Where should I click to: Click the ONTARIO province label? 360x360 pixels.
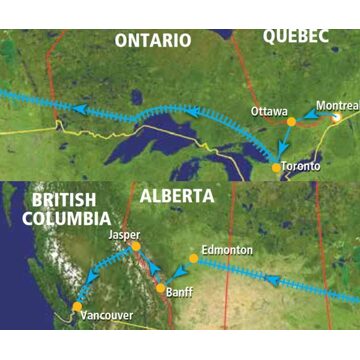[x=152, y=40]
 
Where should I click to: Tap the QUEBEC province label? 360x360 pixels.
[x=296, y=35]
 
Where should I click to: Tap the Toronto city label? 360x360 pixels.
[x=300, y=166]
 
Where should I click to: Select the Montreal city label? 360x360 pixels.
[x=336, y=104]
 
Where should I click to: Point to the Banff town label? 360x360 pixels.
[x=180, y=293]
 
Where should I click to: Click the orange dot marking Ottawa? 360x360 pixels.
[x=291, y=121]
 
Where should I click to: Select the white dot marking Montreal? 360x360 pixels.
[x=338, y=117]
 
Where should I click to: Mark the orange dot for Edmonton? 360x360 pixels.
[x=193, y=258]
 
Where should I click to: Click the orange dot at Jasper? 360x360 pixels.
[x=133, y=245]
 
